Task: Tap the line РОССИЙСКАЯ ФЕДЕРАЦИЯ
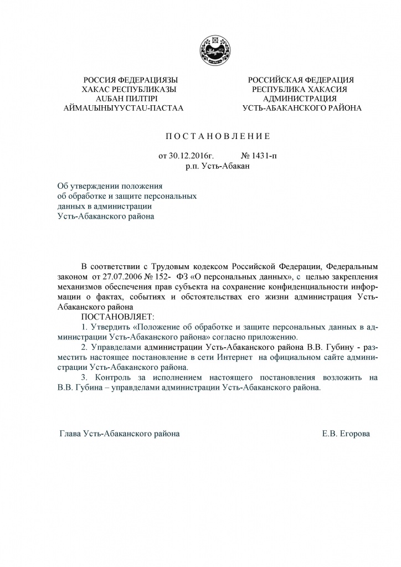click(301, 80)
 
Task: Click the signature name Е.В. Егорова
click(346, 435)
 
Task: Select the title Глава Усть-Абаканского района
click(119, 435)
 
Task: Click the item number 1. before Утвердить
click(84, 327)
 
